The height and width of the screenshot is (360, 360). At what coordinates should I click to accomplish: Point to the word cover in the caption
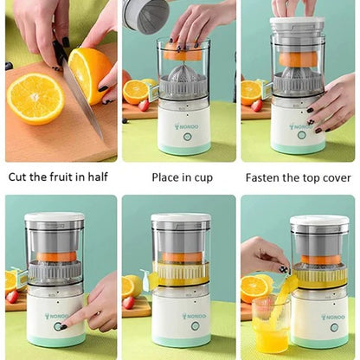point(333,177)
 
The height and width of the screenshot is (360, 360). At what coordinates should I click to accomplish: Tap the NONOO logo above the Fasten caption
point(299,126)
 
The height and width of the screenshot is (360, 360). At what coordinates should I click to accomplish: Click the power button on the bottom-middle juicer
point(182,329)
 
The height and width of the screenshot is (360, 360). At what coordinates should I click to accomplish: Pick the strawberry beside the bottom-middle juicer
point(129,303)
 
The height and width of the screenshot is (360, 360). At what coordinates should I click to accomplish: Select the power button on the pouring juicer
point(333,327)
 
